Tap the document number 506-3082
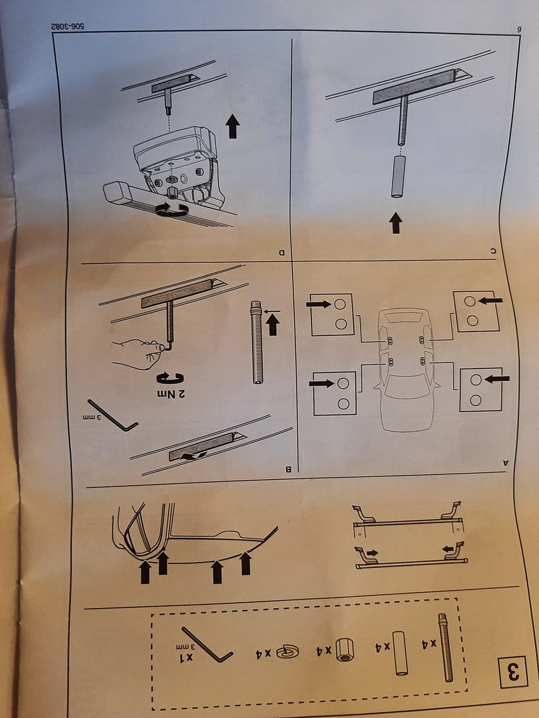67,26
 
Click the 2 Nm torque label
171,394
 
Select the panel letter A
506,463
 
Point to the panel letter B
289,470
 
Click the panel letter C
493,251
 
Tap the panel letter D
282,252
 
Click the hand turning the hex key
138,353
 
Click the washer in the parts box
287,651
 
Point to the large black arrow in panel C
396,223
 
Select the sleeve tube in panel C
398,177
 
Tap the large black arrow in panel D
232,126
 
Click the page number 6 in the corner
519,29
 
